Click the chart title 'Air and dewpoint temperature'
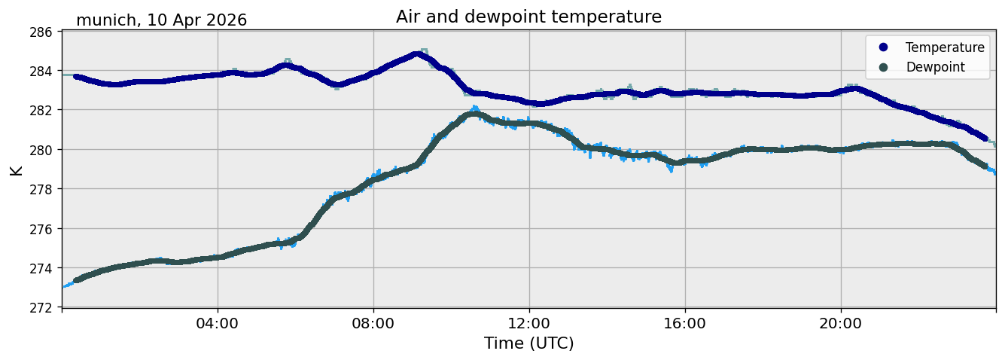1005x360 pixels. click(x=528, y=17)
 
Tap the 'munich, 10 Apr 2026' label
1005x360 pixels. click(x=162, y=20)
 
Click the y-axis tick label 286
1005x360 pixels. click(x=41, y=32)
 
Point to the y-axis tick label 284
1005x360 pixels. click(x=41, y=72)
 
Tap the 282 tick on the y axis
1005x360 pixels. click(x=41, y=111)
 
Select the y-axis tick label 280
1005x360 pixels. click(x=41, y=150)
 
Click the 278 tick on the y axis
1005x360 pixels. click(x=41, y=190)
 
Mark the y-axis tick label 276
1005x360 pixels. click(x=41, y=229)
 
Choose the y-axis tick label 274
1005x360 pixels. click(x=41, y=268)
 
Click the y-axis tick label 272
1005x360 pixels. click(x=41, y=307)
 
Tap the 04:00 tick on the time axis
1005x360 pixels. click(x=218, y=323)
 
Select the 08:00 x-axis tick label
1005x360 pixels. click(x=373, y=323)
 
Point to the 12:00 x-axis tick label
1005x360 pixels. click(x=529, y=323)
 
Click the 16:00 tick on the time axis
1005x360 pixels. click(x=684, y=323)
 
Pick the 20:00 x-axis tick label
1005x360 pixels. click(x=840, y=323)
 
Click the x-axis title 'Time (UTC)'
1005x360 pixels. click(x=528, y=343)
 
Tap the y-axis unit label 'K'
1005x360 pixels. click(x=17, y=170)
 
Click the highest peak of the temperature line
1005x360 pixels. click(x=417, y=54)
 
